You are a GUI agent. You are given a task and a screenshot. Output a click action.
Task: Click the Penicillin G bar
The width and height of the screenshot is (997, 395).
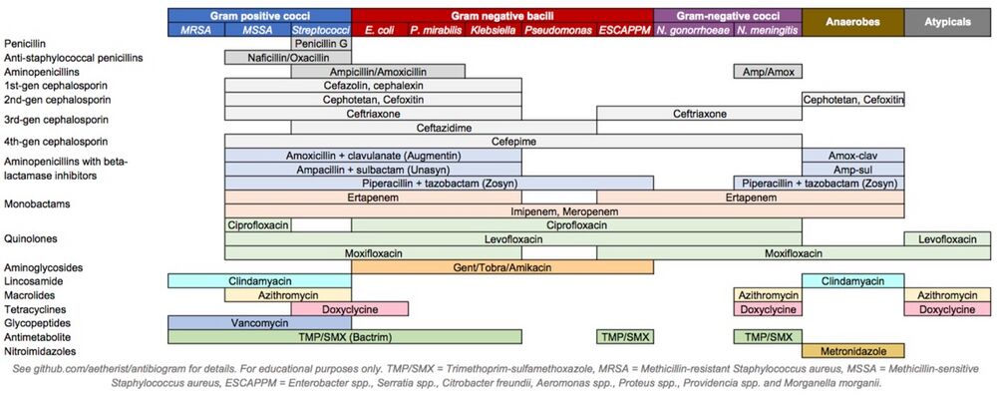321,44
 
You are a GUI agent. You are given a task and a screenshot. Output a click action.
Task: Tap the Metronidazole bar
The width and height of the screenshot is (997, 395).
852,351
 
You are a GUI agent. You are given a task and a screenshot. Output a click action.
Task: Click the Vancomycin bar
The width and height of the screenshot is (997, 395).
259,323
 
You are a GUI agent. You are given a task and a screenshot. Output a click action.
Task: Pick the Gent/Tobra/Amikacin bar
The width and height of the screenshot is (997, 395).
501,267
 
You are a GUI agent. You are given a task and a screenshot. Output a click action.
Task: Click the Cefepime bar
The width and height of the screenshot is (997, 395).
512,142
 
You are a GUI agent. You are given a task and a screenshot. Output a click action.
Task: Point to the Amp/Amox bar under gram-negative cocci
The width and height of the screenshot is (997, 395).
767,72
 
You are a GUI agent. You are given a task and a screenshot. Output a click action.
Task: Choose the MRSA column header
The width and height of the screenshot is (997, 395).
195,31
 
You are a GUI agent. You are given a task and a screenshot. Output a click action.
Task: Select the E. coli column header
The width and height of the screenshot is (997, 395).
377,31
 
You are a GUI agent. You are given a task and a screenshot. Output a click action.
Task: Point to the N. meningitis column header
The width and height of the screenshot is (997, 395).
767,31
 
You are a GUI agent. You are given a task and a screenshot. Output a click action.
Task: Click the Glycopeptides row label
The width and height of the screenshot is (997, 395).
37,323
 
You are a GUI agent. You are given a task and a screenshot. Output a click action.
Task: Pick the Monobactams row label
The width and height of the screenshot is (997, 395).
38,204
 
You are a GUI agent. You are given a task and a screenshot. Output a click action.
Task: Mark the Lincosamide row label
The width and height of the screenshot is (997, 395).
35,281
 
